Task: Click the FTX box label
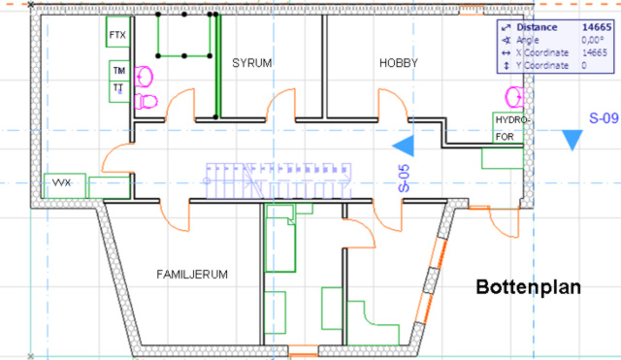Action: coord(119,37)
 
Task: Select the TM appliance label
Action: coord(119,72)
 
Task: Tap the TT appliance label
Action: coord(118,88)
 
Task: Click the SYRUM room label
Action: coord(251,64)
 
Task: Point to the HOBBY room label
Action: coord(399,64)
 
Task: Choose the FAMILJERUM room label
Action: coord(192,275)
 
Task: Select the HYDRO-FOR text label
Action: coord(510,128)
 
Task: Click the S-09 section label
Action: coord(604,119)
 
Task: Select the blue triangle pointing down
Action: coord(573,140)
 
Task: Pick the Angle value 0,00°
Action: coord(594,41)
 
